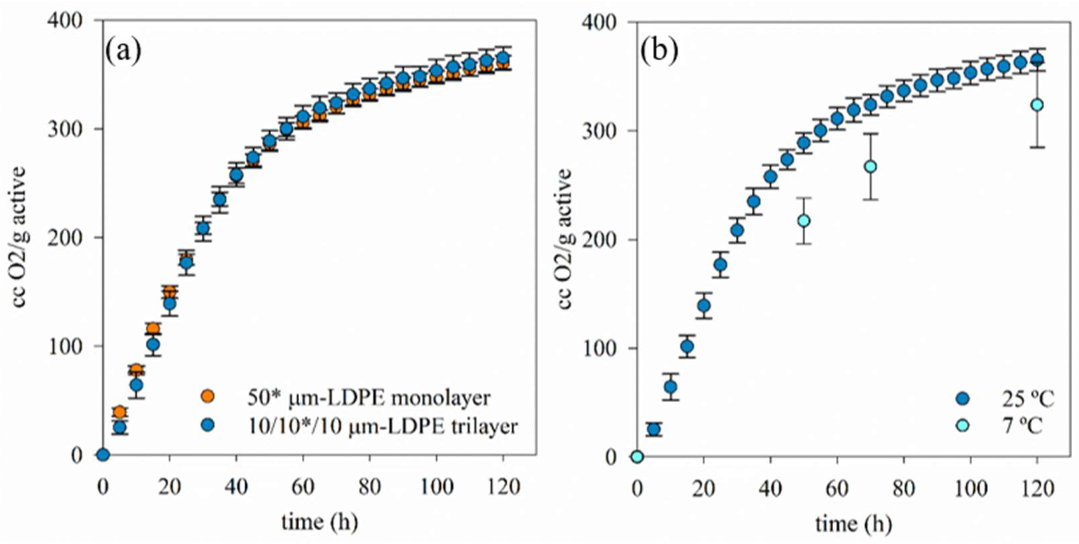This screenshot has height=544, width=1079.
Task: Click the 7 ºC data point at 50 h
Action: pos(803,221)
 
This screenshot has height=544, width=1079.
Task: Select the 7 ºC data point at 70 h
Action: pos(870,167)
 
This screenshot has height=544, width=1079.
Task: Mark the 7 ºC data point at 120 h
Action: pos(1037,105)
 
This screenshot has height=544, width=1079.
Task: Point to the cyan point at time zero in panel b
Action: pos(637,457)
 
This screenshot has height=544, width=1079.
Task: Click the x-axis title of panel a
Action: pos(320,522)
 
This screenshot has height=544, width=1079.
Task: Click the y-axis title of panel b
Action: pos(565,239)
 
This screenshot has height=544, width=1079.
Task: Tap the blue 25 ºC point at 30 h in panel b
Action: pos(737,230)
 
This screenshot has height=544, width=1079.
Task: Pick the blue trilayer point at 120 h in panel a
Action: pos(503,58)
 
